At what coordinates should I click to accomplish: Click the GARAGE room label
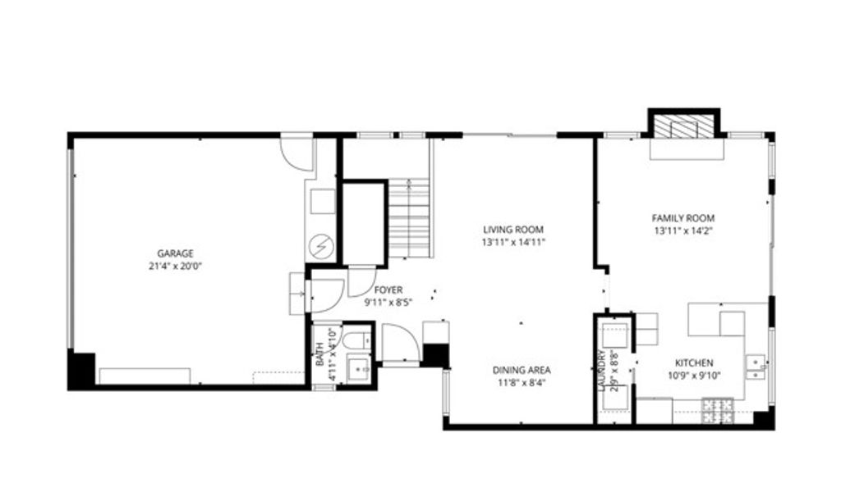click(x=176, y=253)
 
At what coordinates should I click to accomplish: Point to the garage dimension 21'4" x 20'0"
click(x=176, y=266)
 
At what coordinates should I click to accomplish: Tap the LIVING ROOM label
click(x=513, y=230)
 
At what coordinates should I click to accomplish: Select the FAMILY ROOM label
click(x=682, y=218)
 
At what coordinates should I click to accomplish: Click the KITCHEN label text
click(x=694, y=363)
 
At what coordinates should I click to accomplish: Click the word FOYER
click(x=388, y=290)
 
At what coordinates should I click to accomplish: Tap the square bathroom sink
click(x=359, y=370)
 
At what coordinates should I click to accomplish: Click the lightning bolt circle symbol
click(x=322, y=245)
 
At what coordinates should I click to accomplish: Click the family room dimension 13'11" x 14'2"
click(x=682, y=230)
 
